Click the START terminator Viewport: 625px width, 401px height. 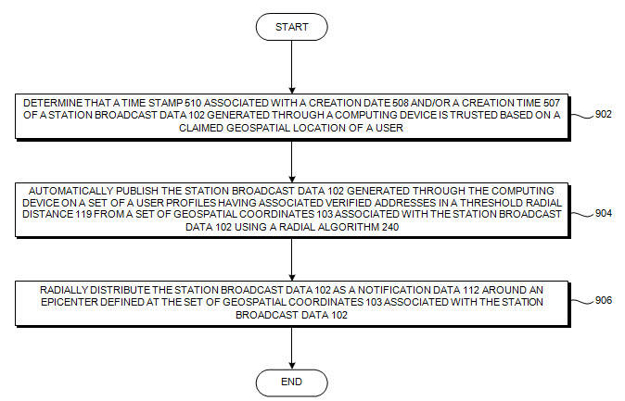[x=291, y=27]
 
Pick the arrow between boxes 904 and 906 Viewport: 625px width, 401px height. [x=291, y=258]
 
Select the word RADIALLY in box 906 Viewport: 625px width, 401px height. [x=67, y=290]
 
